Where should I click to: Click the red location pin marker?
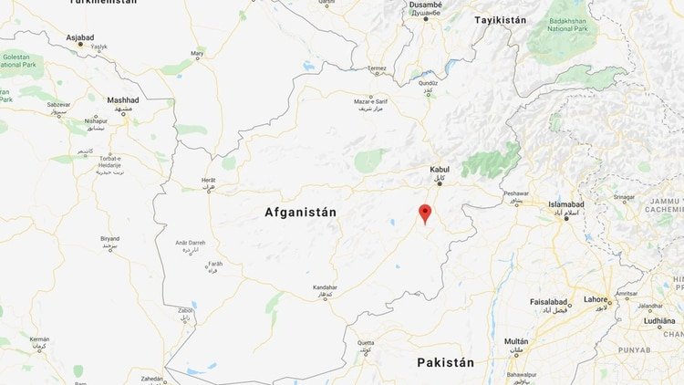(x=423, y=213)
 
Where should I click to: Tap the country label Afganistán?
(x=300, y=213)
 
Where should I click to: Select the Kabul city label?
(x=440, y=170)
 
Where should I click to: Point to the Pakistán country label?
(x=445, y=362)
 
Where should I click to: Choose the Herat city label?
(x=209, y=181)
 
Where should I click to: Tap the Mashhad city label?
(x=122, y=99)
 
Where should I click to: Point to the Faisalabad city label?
(x=552, y=302)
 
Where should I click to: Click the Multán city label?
(x=516, y=341)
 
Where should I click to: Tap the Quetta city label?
(x=365, y=342)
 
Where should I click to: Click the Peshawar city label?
(x=515, y=193)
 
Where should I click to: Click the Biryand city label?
(x=109, y=238)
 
